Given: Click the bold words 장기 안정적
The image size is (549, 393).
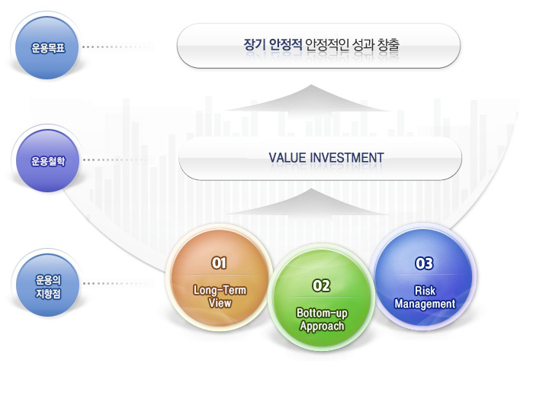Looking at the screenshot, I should pyautogui.click(x=272, y=45).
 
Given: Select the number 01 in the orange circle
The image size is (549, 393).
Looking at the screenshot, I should pyautogui.click(x=220, y=263).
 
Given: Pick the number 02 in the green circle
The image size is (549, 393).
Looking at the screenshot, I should pyautogui.click(x=321, y=285).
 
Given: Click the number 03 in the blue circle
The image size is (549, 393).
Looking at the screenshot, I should pyautogui.click(x=424, y=263).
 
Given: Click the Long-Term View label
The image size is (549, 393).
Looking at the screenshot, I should pyautogui.click(x=220, y=296).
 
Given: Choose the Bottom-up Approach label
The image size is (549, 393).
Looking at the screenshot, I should pyautogui.click(x=321, y=319).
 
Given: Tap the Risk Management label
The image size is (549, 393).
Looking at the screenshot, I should pyautogui.click(x=424, y=297).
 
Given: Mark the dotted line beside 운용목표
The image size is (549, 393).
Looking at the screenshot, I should pyautogui.click(x=118, y=47).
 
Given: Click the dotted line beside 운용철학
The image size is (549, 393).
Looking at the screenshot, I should pyautogui.click(x=118, y=161).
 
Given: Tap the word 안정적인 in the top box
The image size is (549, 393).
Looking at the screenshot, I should pyautogui.click(x=324, y=45).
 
